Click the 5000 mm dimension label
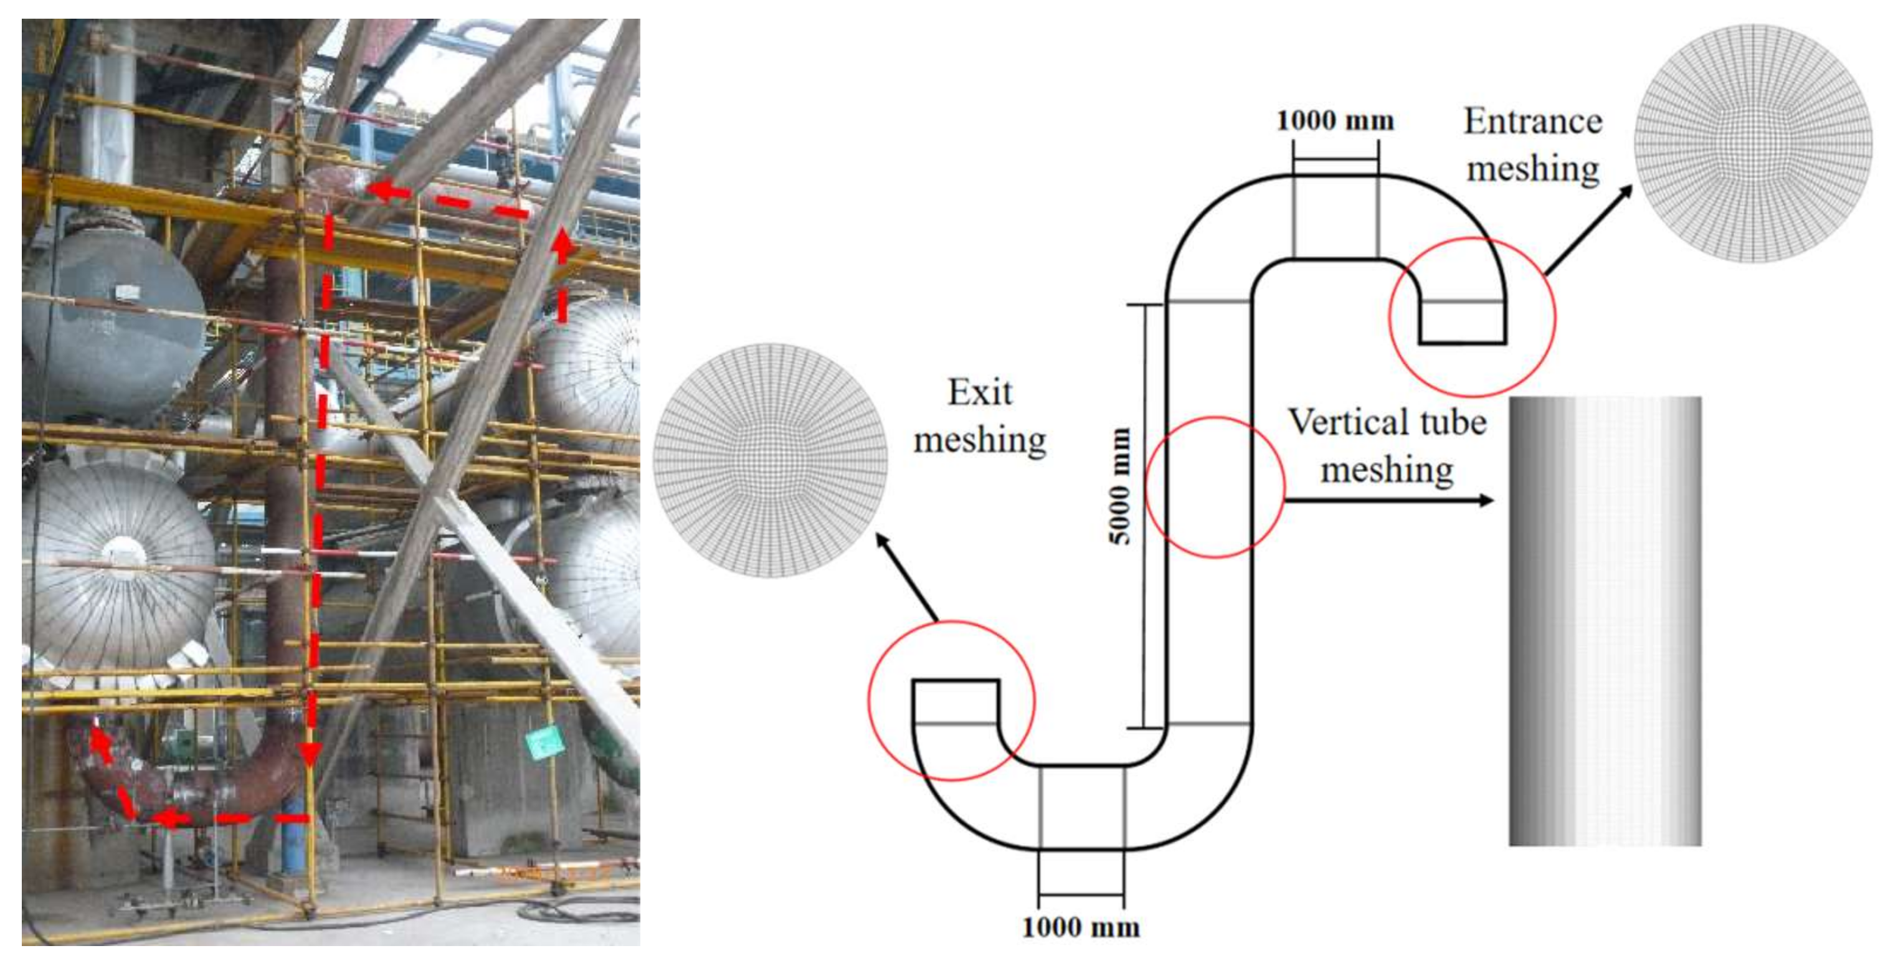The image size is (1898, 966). click(1119, 486)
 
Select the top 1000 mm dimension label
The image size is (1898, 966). click(1335, 121)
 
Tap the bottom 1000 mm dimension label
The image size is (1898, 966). click(1081, 927)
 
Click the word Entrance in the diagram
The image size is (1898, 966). click(1532, 121)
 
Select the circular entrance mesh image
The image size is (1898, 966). click(1753, 143)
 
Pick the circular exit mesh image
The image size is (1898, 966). click(771, 460)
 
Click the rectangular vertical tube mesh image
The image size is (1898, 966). click(1605, 621)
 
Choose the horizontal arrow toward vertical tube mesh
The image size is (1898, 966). click(1389, 501)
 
